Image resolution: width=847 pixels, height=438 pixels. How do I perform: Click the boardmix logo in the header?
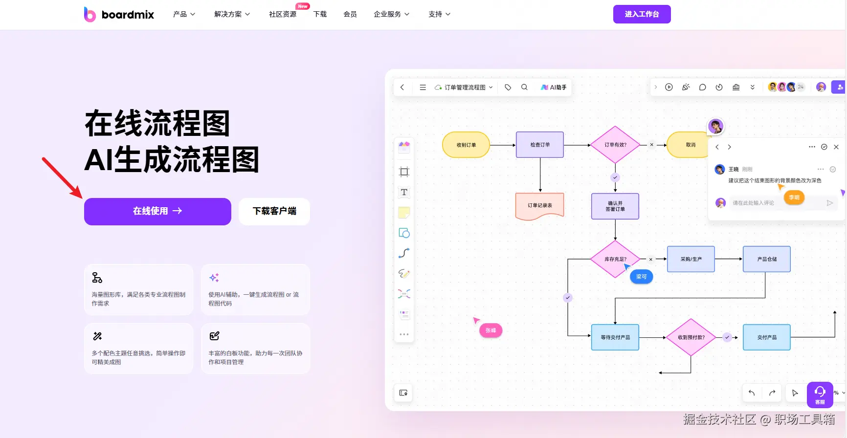(119, 15)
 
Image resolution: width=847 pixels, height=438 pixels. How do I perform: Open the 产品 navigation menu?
(184, 14)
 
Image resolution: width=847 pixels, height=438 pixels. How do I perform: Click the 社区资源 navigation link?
(283, 14)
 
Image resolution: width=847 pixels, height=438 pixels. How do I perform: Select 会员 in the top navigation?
(350, 14)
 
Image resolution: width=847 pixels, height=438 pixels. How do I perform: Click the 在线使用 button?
(157, 211)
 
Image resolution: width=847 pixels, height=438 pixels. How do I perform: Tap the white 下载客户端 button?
(274, 211)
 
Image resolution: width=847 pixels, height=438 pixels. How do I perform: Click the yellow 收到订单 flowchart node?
(466, 145)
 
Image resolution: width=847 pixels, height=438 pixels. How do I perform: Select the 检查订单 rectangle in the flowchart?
(540, 145)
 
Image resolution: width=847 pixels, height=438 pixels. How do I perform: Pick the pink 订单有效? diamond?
(615, 145)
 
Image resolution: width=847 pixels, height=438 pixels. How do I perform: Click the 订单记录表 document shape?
(540, 205)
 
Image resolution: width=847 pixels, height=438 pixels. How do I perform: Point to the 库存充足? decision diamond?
(615, 259)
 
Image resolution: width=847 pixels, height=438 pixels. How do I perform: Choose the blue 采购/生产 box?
(691, 259)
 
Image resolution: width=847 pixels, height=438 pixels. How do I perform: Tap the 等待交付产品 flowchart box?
(615, 337)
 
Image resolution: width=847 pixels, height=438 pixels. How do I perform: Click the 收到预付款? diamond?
(691, 337)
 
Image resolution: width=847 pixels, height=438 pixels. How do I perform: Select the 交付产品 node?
(767, 337)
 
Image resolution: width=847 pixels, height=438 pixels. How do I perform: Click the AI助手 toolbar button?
(554, 88)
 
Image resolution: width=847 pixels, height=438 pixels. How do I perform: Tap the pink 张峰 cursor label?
(490, 330)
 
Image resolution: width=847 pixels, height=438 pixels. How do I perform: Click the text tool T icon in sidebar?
(404, 192)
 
